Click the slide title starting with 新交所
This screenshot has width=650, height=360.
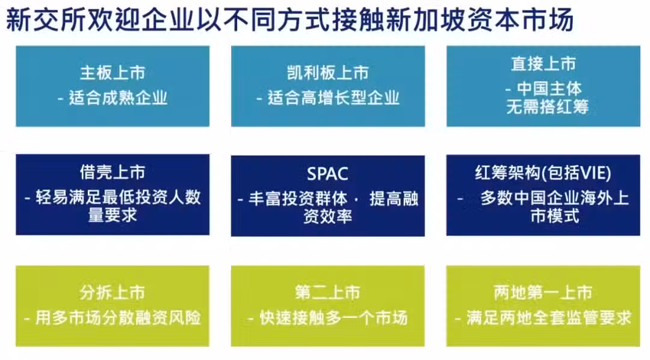click(x=289, y=19)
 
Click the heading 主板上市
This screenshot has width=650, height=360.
click(x=113, y=73)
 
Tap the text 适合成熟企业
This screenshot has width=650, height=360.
click(x=118, y=98)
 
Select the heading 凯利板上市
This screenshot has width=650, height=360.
click(x=328, y=73)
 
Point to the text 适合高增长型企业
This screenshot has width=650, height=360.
click(x=333, y=98)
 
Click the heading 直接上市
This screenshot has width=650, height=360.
click(x=543, y=64)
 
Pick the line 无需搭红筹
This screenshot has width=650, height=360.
click(x=547, y=107)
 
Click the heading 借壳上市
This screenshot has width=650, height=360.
click(x=113, y=172)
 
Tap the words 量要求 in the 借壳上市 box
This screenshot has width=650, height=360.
click(x=113, y=216)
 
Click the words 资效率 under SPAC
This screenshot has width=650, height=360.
click(x=327, y=216)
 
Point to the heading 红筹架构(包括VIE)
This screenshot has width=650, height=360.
click(x=543, y=173)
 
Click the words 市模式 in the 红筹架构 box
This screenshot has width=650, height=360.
click(x=555, y=216)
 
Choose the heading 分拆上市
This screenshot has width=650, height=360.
click(x=113, y=293)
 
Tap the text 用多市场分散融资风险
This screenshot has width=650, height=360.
click(x=118, y=318)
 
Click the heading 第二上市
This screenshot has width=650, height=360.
click(x=327, y=293)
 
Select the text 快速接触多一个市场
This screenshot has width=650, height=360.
click(x=333, y=318)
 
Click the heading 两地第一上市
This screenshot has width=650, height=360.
click(x=543, y=293)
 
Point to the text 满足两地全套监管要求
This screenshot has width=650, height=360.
click(x=549, y=318)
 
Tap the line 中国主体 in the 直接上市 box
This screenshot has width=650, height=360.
click(x=549, y=88)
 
